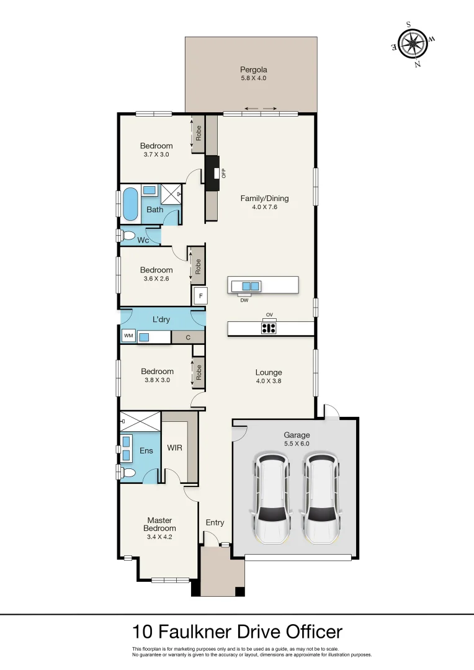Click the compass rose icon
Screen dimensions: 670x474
click(x=413, y=43)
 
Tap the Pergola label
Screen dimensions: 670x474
click(x=253, y=69)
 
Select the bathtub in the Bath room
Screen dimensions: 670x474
click(x=130, y=205)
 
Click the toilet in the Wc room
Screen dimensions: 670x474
click(x=128, y=236)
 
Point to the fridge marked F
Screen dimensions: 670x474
click(x=199, y=296)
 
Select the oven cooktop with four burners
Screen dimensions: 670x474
click(x=269, y=328)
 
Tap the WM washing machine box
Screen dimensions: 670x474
click(x=128, y=336)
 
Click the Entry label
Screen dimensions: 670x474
click(x=215, y=522)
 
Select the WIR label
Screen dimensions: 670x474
click(x=175, y=447)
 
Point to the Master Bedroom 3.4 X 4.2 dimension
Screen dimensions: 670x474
click(x=159, y=537)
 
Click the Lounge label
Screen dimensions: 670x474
click(x=268, y=372)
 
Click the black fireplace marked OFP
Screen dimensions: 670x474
click(x=213, y=173)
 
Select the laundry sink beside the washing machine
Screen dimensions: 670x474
click(x=145, y=337)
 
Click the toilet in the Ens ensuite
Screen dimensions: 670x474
click(x=128, y=473)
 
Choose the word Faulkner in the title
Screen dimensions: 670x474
click(x=197, y=632)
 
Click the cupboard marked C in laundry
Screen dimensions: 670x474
click(x=187, y=337)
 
